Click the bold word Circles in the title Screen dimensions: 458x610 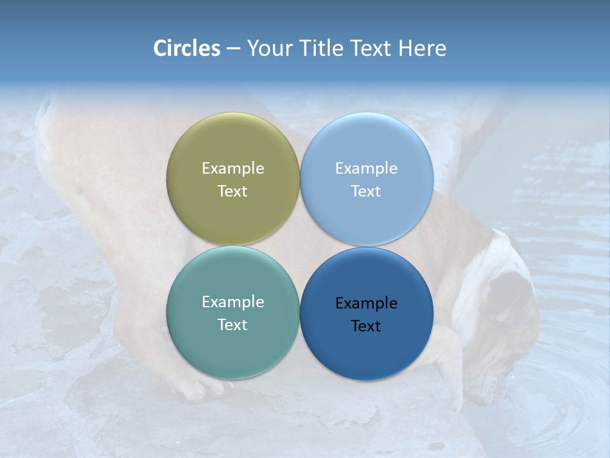coord(187,48)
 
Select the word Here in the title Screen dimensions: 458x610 coord(423,48)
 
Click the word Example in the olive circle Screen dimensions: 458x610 coord(233,169)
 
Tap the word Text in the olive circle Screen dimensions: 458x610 coord(233,191)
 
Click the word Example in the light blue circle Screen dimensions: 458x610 coord(366,169)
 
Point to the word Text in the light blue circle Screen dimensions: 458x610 coord(366,191)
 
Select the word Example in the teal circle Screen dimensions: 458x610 coord(233,302)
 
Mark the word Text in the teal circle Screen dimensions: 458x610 coord(233,325)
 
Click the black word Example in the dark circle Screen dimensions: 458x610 coord(366,303)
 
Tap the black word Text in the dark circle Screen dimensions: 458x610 coord(366,326)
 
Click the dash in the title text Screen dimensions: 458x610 coord(233,49)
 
